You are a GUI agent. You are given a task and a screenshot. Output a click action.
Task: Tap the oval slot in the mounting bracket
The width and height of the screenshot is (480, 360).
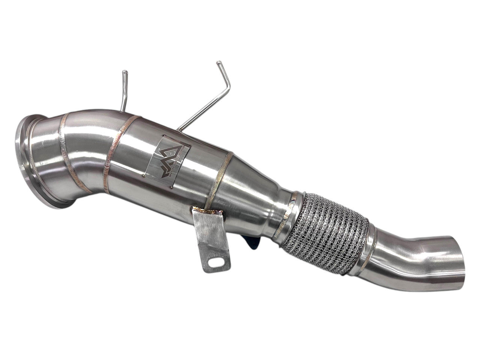(x=214, y=262)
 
